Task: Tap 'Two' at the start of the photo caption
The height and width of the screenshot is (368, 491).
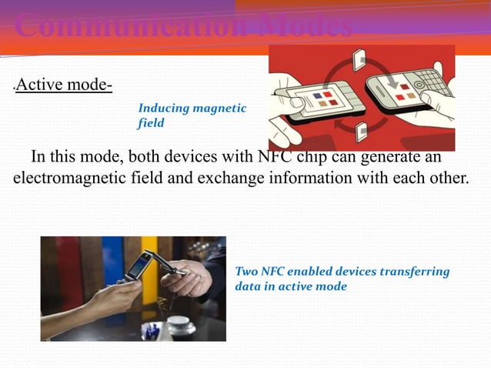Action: [x=246, y=272]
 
